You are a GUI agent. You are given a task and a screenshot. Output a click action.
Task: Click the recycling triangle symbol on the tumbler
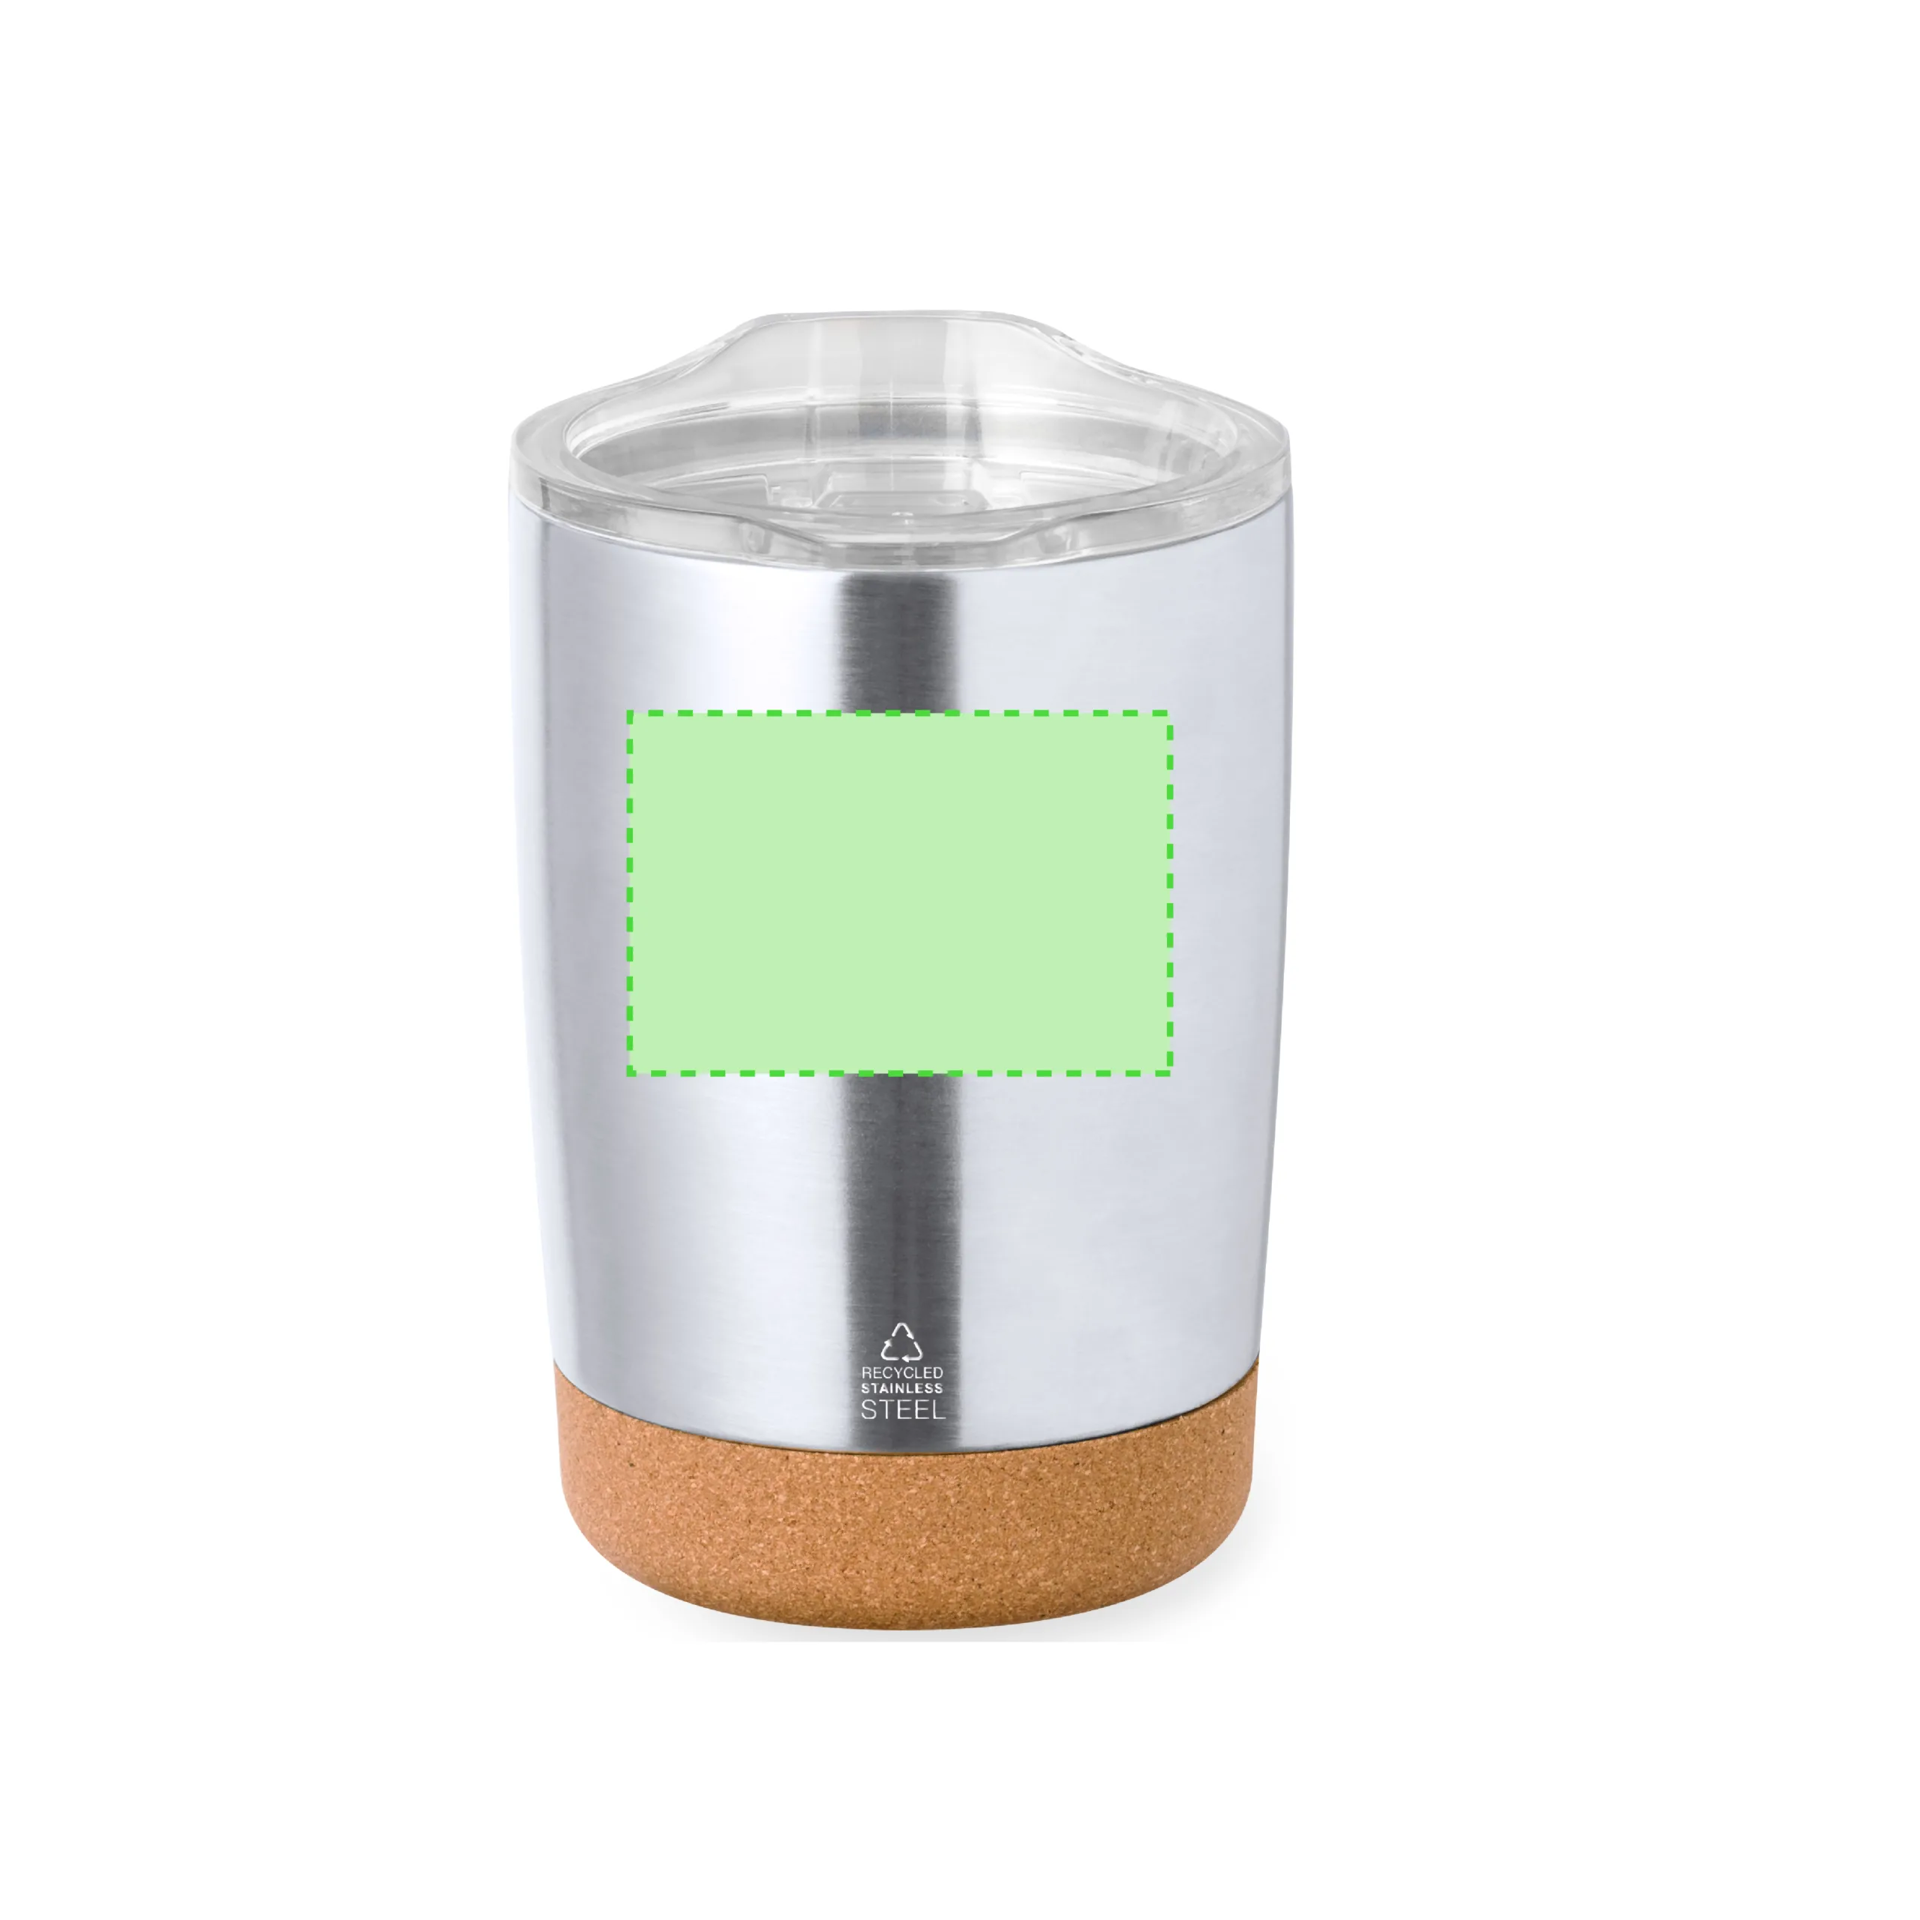point(901,1342)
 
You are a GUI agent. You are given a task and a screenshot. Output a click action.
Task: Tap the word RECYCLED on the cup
point(901,1372)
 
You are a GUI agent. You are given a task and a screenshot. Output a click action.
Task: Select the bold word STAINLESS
point(901,1388)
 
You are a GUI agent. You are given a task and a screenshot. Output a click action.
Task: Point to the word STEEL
point(902,1409)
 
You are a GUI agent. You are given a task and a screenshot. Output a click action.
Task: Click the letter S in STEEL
point(868,1409)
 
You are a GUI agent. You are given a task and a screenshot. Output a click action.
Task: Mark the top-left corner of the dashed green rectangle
point(628,712)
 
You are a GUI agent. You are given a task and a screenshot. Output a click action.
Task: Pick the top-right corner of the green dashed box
point(1171,712)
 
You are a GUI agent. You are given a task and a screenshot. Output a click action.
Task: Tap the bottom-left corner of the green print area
point(628,1073)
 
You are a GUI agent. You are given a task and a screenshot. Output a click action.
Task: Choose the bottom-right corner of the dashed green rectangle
point(1171,1073)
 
